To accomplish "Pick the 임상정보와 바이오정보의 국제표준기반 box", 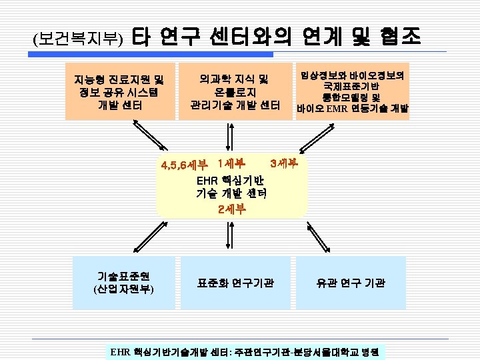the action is pos(353,91).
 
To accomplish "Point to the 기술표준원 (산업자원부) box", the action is pos(124,283).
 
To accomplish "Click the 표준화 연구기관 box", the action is pos(235,283).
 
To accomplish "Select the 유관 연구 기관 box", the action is pos(351,283).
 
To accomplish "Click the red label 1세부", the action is pos(231,163).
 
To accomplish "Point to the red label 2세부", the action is pos(231,208).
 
